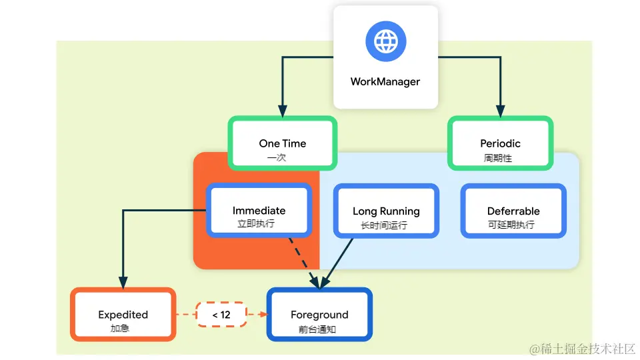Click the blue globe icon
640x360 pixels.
point(385,41)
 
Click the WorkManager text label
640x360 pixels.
point(385,82)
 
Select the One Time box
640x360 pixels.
point(283,143)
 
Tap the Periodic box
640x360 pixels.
point(500,143)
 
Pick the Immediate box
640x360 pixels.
point(259,211)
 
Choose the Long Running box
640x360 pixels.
point(386,211)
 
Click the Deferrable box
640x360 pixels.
point(513,211)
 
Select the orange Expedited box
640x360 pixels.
point(123,315)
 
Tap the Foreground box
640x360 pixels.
point(319,315)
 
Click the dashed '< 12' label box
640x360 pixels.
point(221,315)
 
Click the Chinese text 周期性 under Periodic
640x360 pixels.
point(498,159)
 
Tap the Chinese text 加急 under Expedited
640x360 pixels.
point(120,329)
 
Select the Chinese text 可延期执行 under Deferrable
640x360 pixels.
point(511,225)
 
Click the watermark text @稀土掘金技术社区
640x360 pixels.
point(583,349)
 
